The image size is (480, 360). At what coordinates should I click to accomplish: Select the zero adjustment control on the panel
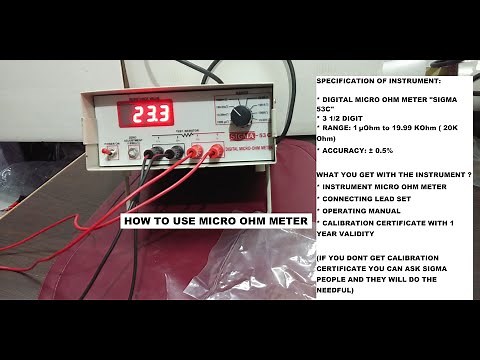[131, 153]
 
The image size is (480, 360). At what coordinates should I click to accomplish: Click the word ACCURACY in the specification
[350, 149]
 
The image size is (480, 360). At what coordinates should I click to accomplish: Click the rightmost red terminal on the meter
[213, 152]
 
